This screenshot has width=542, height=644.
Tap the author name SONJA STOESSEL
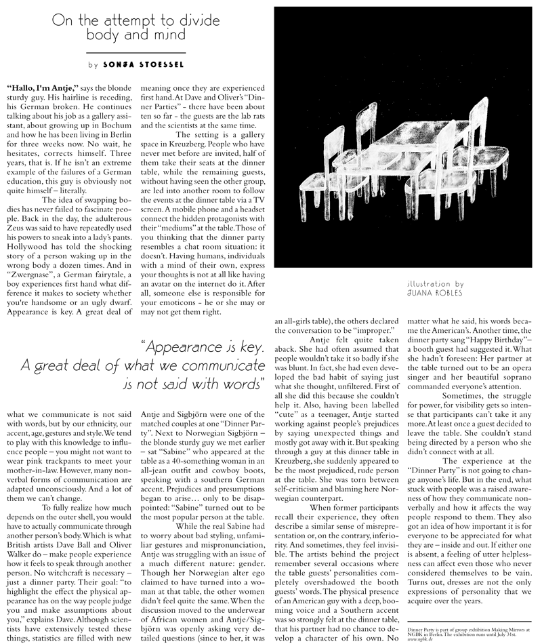[144, 65]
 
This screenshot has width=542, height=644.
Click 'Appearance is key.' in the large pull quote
[203, 348]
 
